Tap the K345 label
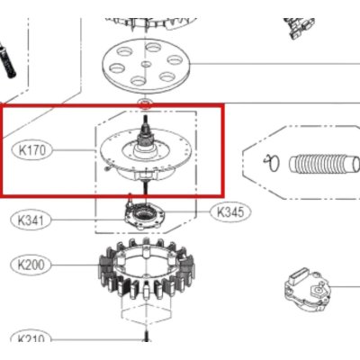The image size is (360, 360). coord(228,213)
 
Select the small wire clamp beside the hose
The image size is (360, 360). coord(268,163)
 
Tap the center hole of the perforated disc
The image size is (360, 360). coord(145,66)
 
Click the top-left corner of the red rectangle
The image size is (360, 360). coord(2,105)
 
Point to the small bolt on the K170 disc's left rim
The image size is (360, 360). coord(105,166)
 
